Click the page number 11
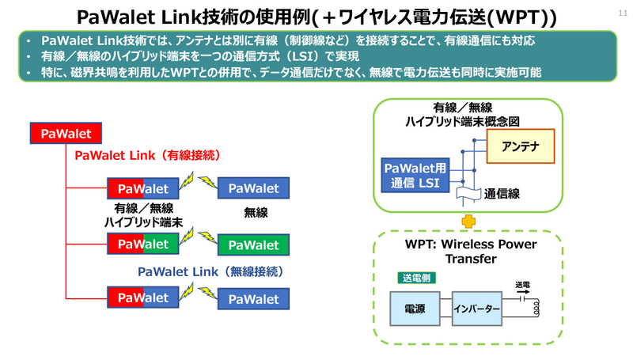click(x=620, y=12)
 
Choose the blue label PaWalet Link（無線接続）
click(x=210, y=271)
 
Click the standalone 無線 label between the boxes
click(x=256, y=212)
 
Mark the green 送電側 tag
click(x=416, y=278)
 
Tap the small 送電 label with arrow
click(x=523, y=286)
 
